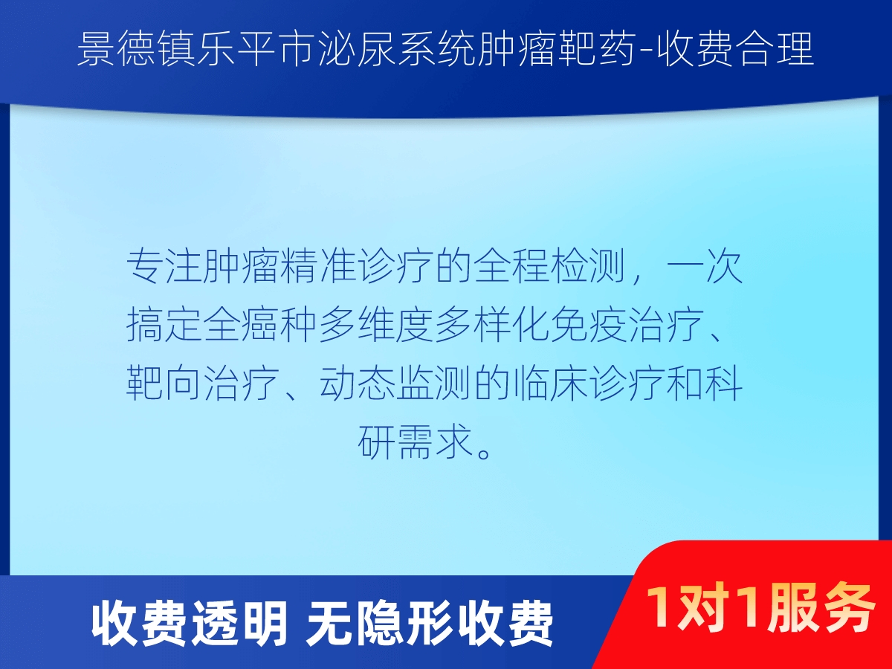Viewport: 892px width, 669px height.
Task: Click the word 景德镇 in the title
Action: pyautogui.click(x=136, y=50)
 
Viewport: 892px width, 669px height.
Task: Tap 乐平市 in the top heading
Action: pyautogui.click(x=254, y=50)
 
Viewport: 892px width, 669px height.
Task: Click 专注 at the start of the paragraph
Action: pyautogui.click(x=164, y=268)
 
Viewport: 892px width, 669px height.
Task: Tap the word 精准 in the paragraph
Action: pyautogui.click(x=319, y=268)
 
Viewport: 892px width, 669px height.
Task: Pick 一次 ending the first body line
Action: pyautogui.click(x=705, y=268)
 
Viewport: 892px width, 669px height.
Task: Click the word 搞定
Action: pyautogui.click(x=164, y=325)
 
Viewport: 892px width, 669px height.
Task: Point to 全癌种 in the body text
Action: pyautogui.click(x=260, y=325)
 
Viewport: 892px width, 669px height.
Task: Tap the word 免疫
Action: pyautogui.click(x=589, y=325)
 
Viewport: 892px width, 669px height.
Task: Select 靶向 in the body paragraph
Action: pyautogui.click(x=164, y=383)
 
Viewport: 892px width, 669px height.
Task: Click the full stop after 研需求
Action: pyautogui.click(x=484, y=452)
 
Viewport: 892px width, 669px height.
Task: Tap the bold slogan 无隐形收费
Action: pyautogui.click(x=429, y=624)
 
